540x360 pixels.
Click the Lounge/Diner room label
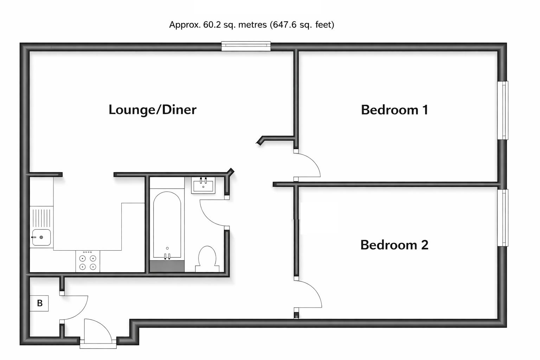pos(152,110)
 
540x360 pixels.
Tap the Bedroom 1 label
pos(394,110)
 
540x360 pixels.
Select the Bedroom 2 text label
pos(394,245)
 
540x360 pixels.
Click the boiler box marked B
pos(39,303)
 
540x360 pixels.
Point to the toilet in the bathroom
pos(207,258)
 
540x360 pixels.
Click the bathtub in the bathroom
pos(167,225)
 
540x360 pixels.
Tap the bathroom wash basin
pos(203,185)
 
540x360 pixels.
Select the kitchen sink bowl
pos(41,238)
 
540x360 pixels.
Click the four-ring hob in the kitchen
pos(88,261)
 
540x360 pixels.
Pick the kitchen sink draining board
pos(41,218)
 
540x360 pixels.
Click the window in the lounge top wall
pos(246,46)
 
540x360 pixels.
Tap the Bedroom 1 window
pos(504,110)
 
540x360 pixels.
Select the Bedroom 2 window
pos(504,218)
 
